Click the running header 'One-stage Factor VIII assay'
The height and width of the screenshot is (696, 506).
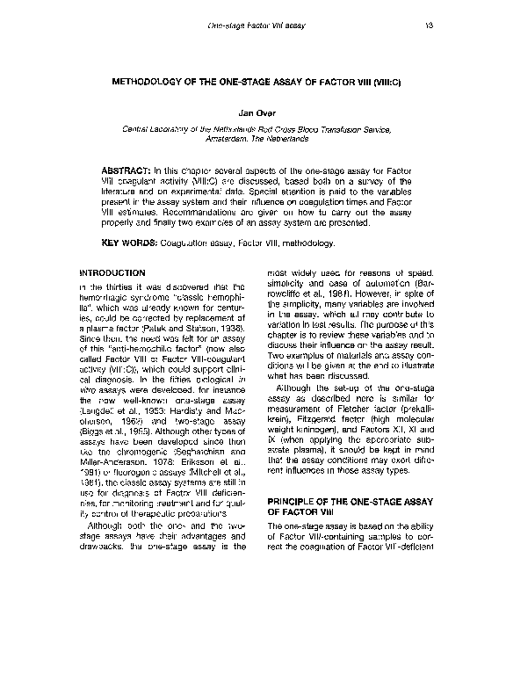(256, 27)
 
